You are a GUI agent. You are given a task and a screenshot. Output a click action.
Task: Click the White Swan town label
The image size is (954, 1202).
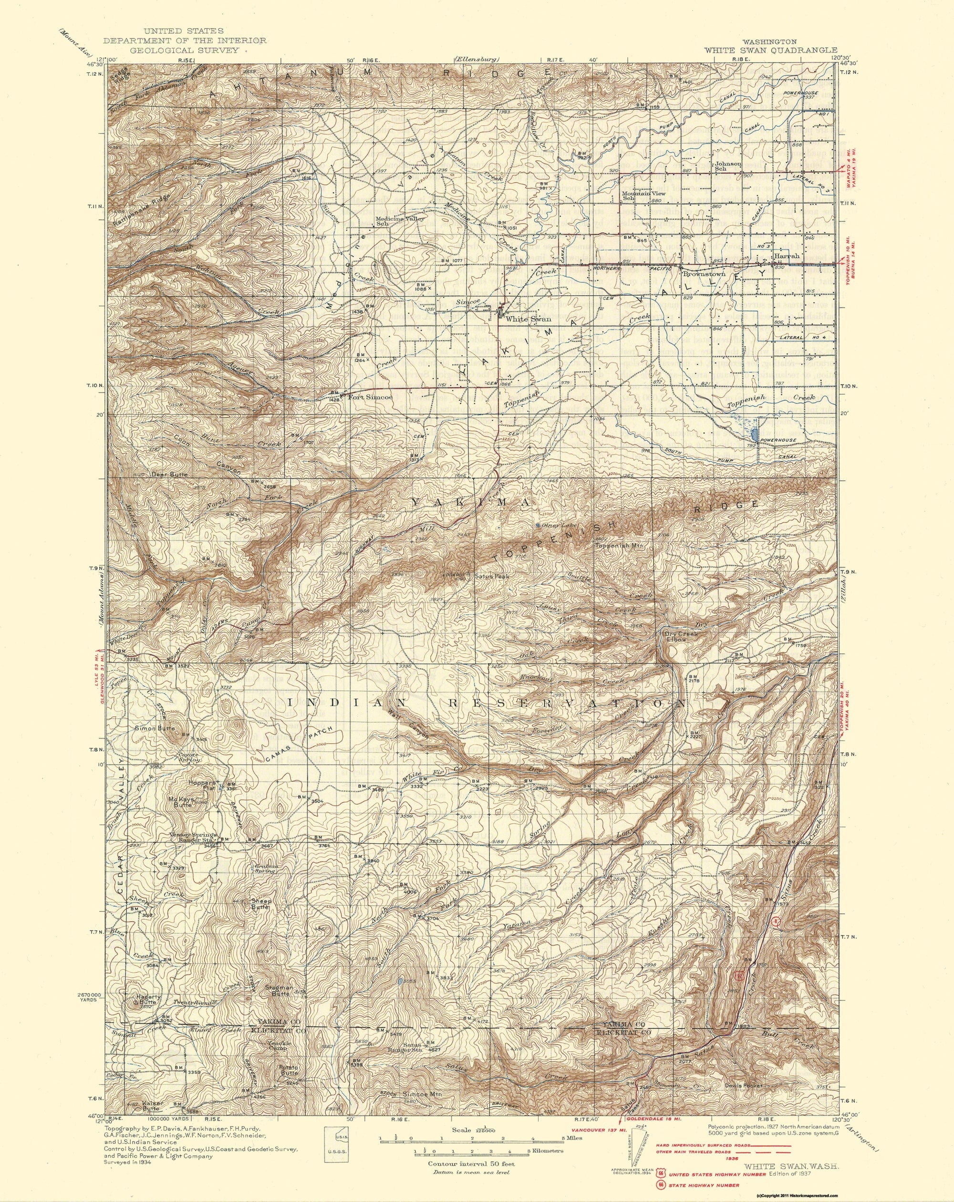pos(528,320)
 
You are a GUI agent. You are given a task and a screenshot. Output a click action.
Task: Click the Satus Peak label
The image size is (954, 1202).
pos(489,577)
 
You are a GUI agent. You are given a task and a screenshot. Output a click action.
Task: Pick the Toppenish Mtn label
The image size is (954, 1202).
pos(620,546)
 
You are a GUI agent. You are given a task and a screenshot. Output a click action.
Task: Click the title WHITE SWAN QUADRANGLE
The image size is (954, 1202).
pos(770,50)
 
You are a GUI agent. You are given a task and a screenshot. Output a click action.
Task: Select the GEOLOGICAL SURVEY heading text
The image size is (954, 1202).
pos(184,50)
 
